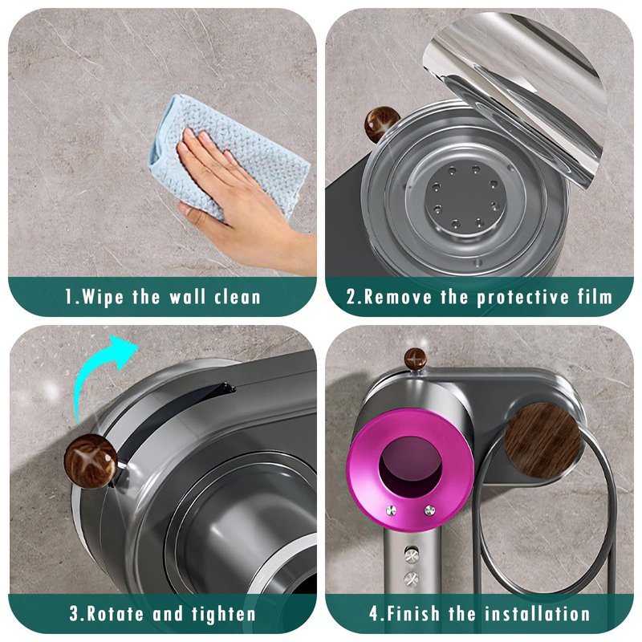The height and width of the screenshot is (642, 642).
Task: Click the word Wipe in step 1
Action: click(103, 296)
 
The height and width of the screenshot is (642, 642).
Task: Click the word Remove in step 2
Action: click(396, 296)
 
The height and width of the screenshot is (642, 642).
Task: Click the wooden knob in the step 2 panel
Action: click(382, 124)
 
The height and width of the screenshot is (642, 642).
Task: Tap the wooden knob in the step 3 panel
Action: click(91, 461)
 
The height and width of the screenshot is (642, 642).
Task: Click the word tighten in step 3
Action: click(224, 614)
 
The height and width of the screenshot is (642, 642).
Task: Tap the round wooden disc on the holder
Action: click(543, 441)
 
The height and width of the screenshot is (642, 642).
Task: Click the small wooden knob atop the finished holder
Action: click(416, 359)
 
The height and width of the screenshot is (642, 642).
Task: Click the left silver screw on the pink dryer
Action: click(392, 510)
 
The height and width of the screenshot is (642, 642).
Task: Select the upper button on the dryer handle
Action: click(411, 555)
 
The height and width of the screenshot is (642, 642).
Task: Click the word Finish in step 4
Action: click(412, 614)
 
